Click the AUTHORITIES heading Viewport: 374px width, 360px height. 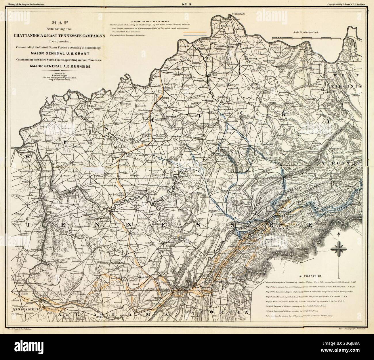click(x=311, y=275)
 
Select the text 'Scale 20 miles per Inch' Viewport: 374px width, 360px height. click(x=309, y=33)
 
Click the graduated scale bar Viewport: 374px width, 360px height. click(x=306, y=38)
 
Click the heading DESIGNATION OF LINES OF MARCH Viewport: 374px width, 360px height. click(x=153, y=22)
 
